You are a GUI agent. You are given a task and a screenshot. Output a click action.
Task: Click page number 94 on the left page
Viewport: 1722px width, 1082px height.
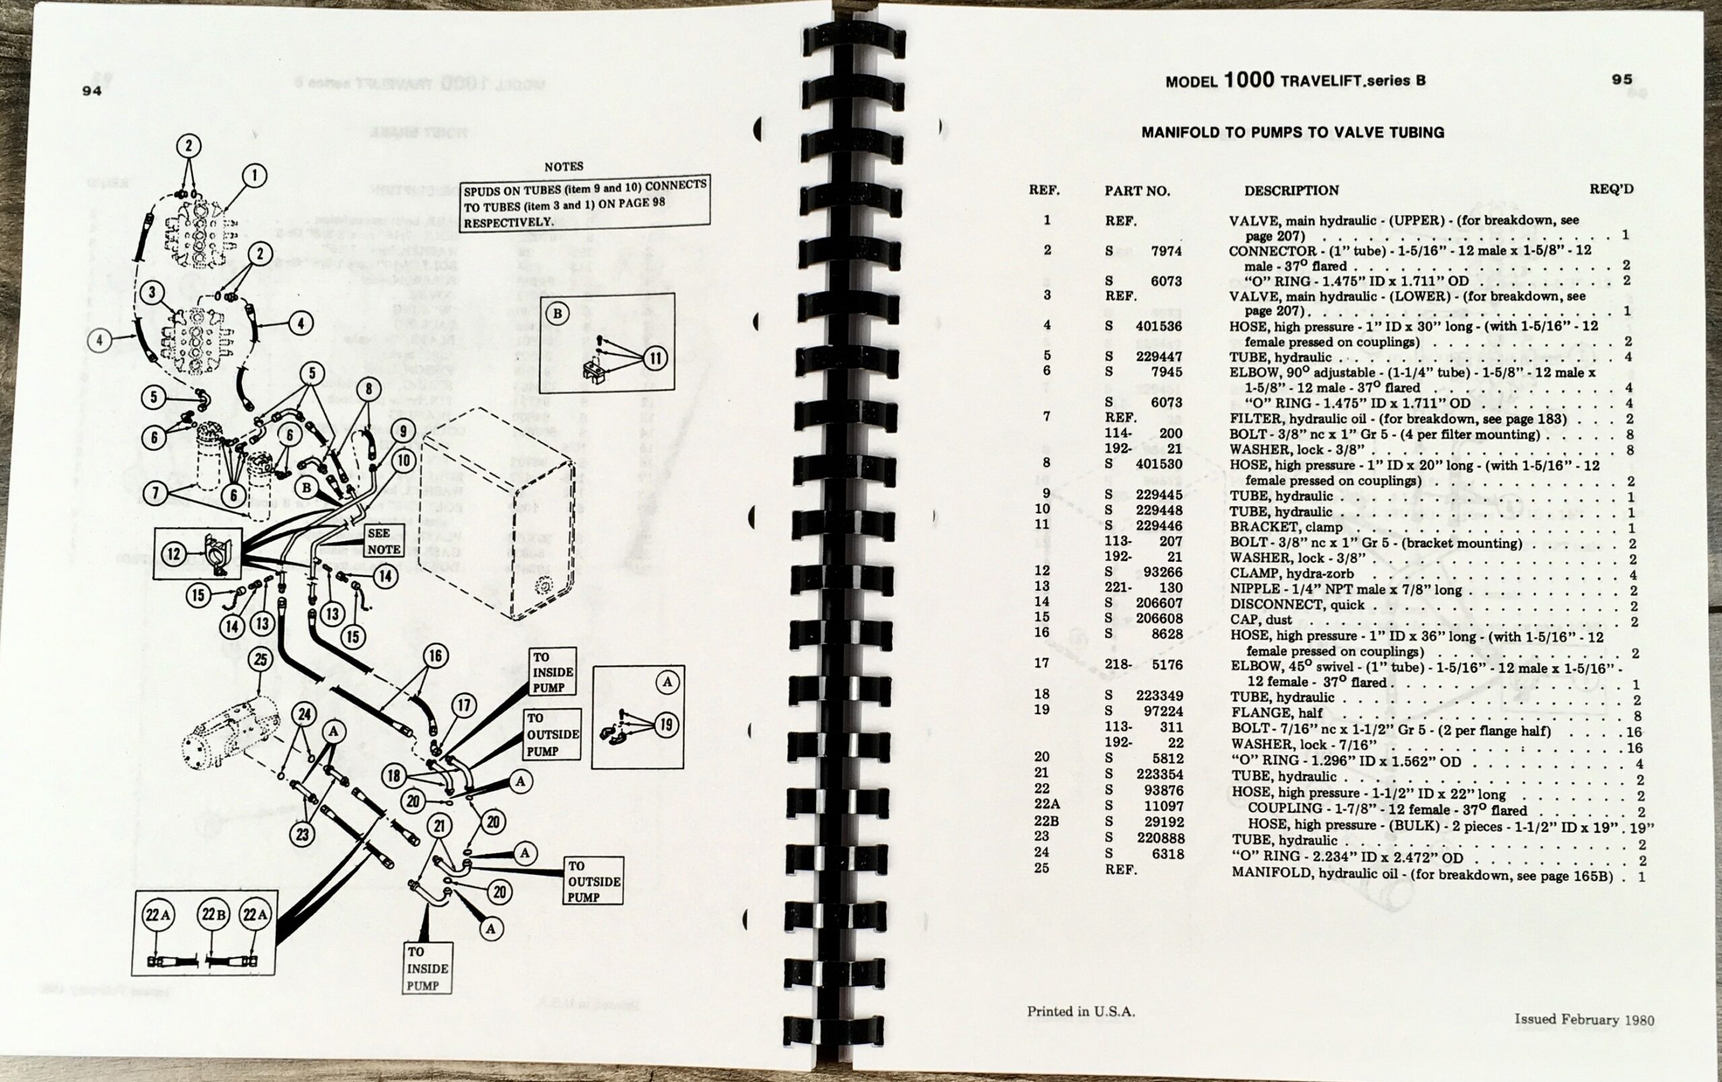(92, 91)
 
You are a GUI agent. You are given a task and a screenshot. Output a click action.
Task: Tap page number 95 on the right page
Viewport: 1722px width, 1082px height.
(1622, 79)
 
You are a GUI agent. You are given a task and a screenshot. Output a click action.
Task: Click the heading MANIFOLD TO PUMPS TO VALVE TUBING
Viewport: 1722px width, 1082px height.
(1292, 133)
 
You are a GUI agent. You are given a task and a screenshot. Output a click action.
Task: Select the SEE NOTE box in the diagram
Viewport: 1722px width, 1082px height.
(384, 542)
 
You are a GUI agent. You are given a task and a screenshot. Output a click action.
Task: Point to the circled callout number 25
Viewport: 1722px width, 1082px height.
(260, 659)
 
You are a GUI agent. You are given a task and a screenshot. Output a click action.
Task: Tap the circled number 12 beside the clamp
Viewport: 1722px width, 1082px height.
(174, 554)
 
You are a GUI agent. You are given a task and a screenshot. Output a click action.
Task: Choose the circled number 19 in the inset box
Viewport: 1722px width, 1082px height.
(666, 725)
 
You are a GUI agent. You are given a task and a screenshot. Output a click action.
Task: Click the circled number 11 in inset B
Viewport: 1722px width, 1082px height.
(655, 358)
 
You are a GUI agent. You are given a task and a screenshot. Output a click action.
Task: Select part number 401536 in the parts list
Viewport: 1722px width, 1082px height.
(1158, 326)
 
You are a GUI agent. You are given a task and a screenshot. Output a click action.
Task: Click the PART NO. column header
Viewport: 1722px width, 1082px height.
(1137, 191)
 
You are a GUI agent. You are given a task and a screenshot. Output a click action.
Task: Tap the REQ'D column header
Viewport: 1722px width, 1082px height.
(1611, 189)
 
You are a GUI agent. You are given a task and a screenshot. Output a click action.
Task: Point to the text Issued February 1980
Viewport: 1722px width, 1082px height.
(1583, 1019)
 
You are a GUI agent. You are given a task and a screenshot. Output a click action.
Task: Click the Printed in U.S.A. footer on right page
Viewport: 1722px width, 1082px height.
(1080, 1011)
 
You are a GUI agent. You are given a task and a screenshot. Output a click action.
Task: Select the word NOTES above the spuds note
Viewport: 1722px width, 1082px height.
(564, 167)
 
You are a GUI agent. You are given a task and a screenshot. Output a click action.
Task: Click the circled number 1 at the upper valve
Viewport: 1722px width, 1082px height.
(254, 175)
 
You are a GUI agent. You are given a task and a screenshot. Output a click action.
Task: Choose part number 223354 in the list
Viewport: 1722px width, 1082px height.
(1160, 774)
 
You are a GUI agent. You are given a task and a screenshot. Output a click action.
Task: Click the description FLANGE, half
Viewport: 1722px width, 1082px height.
(1277, 713)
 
